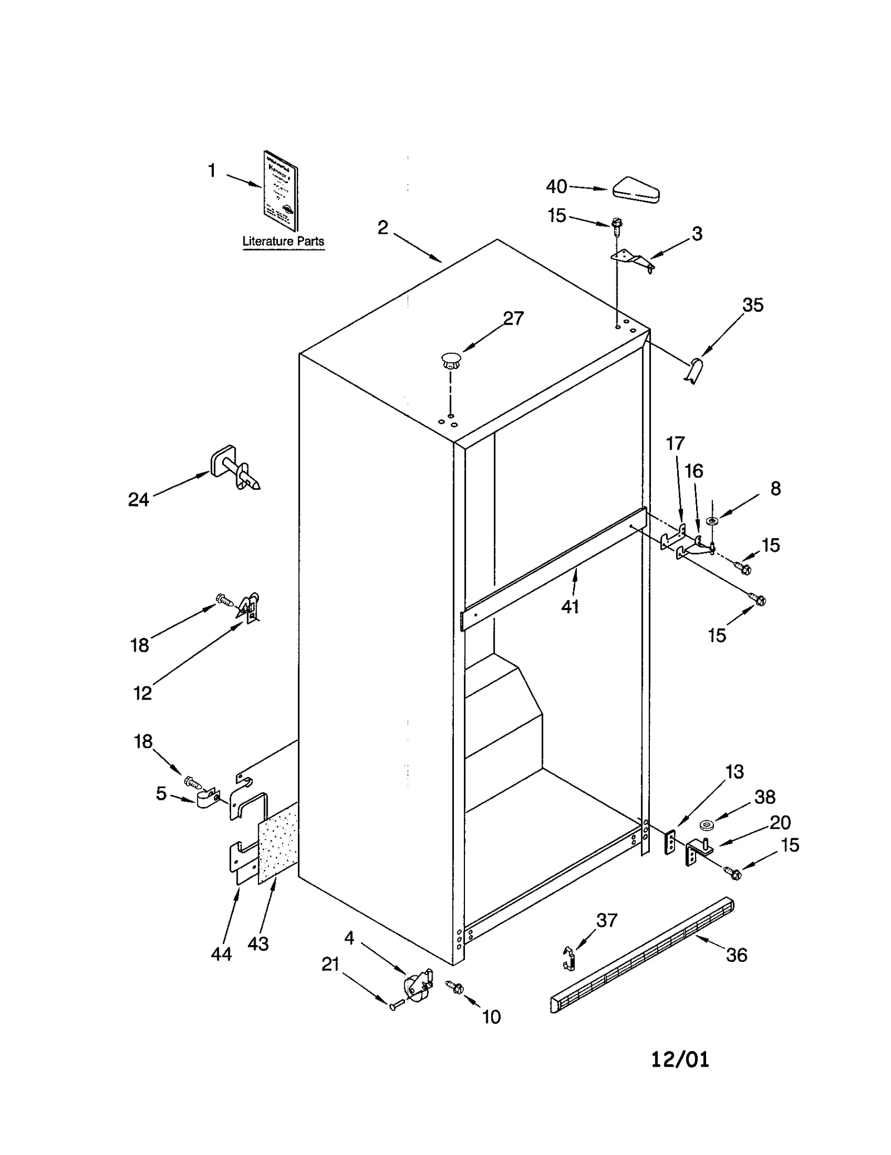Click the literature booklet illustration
point(280,190)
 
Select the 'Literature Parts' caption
point(283,242)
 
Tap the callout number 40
point(556,186)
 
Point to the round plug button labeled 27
point(451,360)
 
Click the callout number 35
point(752,305)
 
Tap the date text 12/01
point(680,1059)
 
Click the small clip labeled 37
point(569,959)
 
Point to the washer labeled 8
point(712,520)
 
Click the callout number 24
point(138,500)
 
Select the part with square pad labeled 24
point(234,469)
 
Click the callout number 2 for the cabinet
point(383,227)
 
